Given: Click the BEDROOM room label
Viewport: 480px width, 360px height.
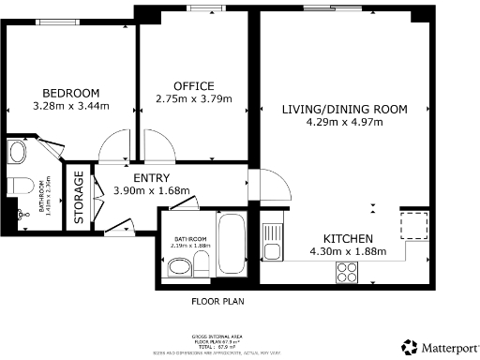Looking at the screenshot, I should point(71,92).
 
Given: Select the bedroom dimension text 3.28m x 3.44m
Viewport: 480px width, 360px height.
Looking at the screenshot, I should point(71,105).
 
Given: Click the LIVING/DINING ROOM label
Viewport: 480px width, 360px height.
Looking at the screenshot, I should point(344,109).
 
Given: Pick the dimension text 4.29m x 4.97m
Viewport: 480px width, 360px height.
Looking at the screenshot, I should point(344,122).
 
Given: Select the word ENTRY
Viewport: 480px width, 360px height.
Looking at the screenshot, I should point(151,178).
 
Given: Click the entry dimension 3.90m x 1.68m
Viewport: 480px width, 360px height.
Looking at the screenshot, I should point(151,190).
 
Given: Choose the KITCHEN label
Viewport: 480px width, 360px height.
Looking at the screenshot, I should point(349,238).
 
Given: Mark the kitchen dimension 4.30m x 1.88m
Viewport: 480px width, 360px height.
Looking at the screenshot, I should point(348,251).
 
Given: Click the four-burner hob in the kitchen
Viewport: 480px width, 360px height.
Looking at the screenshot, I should point(346,271).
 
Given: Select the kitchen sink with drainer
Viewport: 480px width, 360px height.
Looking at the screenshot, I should point(273,241).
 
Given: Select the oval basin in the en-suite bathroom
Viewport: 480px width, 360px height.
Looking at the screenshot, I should point(17,151).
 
